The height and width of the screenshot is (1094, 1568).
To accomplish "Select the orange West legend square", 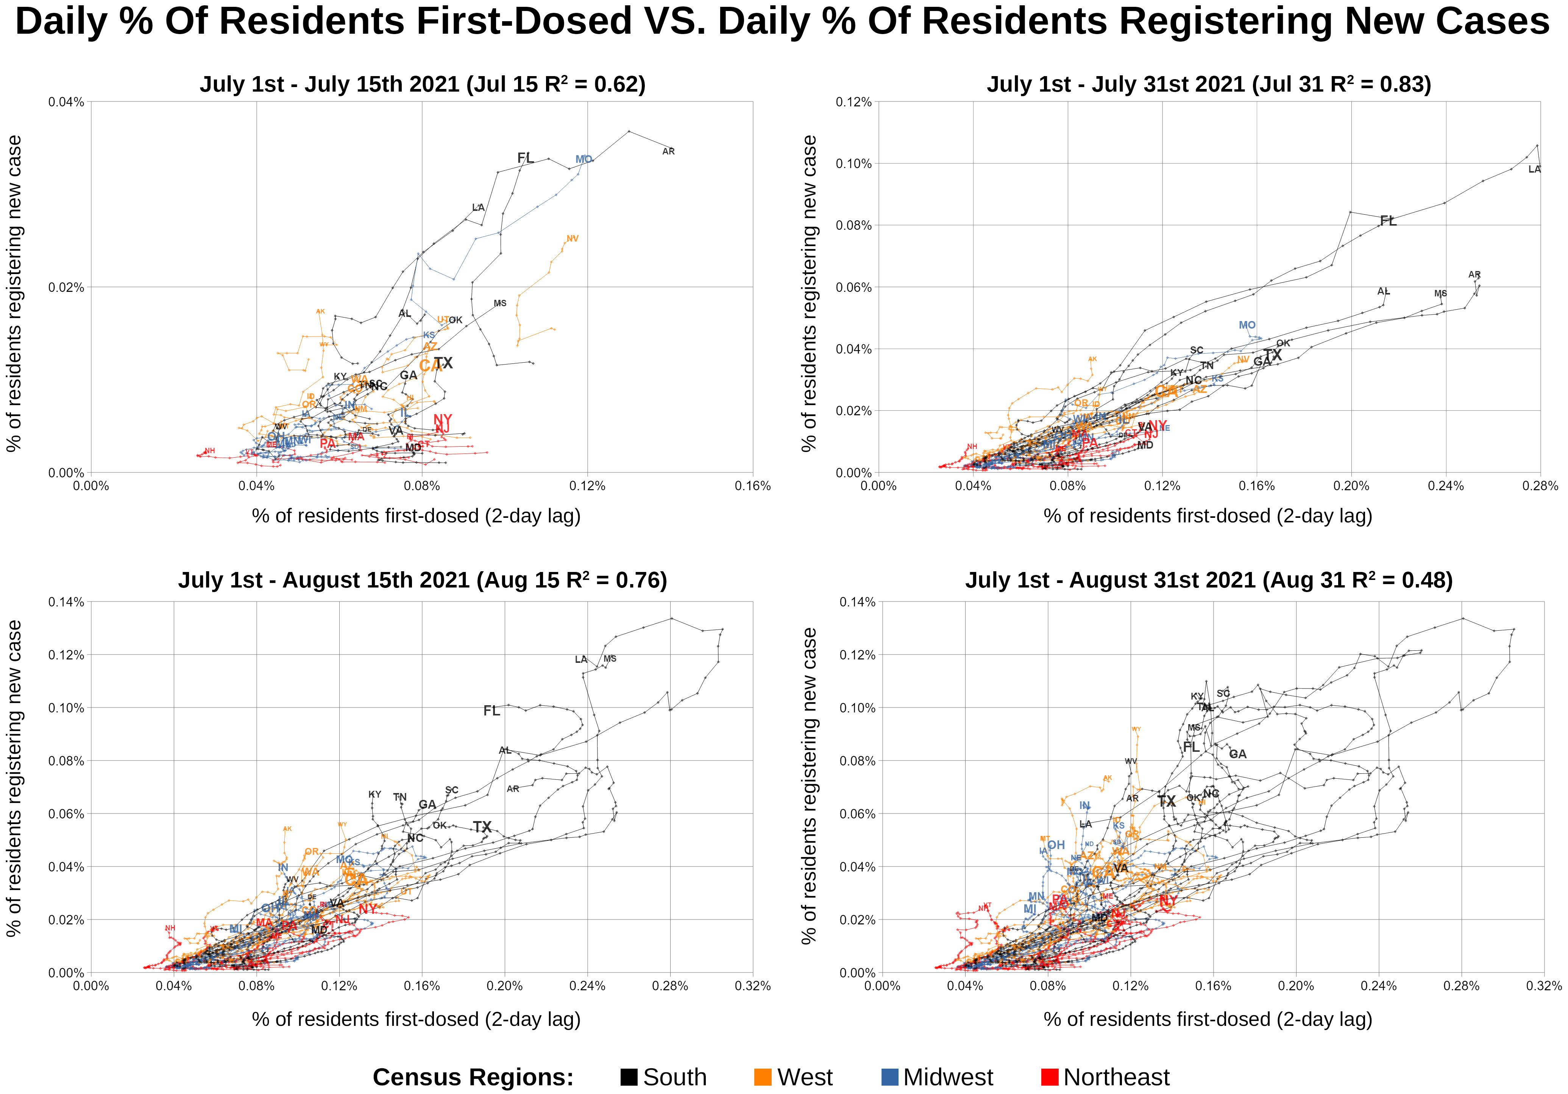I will (763, 1077).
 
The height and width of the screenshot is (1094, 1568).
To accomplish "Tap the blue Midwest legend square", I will (890, 1077).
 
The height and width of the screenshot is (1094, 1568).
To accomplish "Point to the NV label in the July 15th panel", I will (572, 238).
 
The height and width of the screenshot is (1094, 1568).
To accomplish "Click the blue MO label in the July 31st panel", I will (1247, 325).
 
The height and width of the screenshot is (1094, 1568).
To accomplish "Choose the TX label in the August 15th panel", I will (482, 827).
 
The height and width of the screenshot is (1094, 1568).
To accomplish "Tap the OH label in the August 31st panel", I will (1056, 845).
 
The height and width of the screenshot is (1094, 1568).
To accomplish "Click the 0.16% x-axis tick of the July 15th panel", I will (753, 486).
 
